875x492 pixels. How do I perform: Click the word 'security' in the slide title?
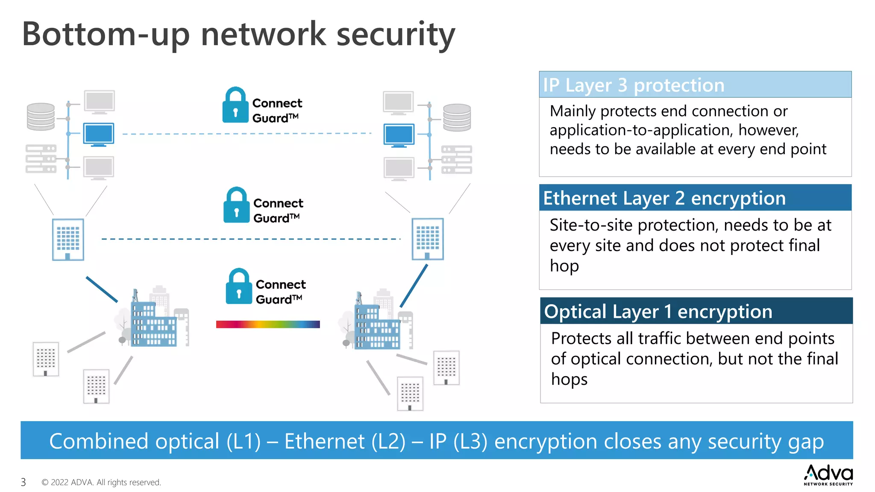pyautogui.click(x=395, y=34)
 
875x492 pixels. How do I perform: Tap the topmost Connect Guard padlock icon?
pyautogui.click(x=235, y=105)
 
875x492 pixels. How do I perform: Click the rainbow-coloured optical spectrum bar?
pyautogui.click(x=268, y=324)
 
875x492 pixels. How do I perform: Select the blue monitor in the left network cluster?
pyautogui.click(x=99, y=134)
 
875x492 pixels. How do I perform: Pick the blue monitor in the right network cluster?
pyautogui.click(x=399, y=135)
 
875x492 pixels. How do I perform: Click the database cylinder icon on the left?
pyautogui.click(x=41, y=116)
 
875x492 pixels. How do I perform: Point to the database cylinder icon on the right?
pyautogui.click(x=457, y=117)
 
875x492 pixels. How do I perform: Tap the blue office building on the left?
pyautogui.click(x=68, y=240)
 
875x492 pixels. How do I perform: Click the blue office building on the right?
pyautogui.click(x=428, y=239)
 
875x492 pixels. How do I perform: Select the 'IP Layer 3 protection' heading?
pyautogui.click(x=634, y=85)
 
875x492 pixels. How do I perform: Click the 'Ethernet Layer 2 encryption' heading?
pyautogui.click(x=664, y=198)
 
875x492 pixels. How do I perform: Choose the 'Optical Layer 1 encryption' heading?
pyautogui.click(x=658, y=311)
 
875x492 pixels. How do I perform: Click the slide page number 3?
pyautogui.click(x=23, y=482)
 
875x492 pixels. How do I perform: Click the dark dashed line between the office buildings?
pyautogui.click(x=251, y=239)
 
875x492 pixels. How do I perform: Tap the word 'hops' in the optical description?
pyautogui.click(x=569, y=379)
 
